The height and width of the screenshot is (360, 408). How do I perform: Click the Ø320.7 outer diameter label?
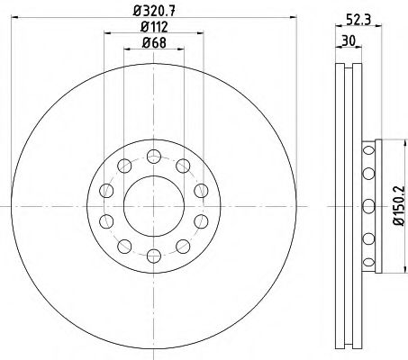click(x=154, y=11)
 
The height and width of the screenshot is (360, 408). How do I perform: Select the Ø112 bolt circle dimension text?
click(x=154, y=27)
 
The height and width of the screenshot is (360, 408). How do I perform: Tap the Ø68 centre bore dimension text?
click(x=154, y=43)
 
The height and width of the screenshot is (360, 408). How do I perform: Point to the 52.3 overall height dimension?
click(x=358, y=20)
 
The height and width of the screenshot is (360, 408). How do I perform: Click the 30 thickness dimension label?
click(x=349, y=40)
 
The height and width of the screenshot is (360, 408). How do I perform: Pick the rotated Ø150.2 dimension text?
click(x=400, y=205)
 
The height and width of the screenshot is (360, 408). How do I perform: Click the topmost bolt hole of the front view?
click(x=154, y=157)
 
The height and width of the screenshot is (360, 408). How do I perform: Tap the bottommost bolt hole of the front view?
click(x=154, y=256)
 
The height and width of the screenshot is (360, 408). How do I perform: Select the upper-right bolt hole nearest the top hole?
click(x=183, y=166)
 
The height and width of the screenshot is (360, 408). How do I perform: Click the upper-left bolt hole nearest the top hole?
click(x=124, y=166)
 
